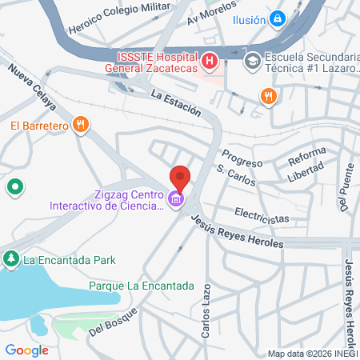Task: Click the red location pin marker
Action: point(180,178)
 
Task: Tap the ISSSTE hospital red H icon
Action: point(210,60)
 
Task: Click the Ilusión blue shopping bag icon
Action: point(277,18)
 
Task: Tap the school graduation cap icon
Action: point(251,60)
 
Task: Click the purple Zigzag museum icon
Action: point(176,198)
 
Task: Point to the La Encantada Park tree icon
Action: point(11,259)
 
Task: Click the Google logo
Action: point(26,350)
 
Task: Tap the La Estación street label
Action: point(174,104)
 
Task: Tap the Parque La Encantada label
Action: point(141,285)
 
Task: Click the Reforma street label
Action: point(307,154)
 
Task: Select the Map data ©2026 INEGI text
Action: point(312,353)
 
